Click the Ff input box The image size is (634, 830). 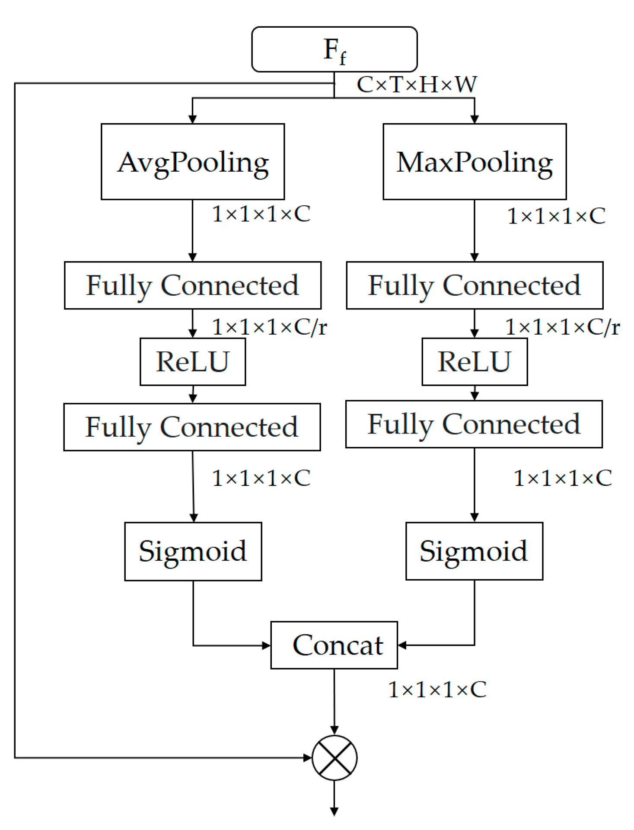click(x=334, y=49)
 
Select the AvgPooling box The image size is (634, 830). click(x=193, y=162)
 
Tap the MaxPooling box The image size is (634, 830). click(x=474, y=162)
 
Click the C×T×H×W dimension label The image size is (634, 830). click(x=416, y=84)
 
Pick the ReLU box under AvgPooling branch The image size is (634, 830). click(x=193, y=361)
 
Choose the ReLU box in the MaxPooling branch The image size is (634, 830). click(x=474, y=361)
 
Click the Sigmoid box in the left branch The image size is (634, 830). click(x=193, y=551)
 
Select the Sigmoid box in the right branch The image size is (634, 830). click(x=474, y=551)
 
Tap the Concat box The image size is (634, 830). click(x=334, y=645)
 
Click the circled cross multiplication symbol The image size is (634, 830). click(x=334, y=757)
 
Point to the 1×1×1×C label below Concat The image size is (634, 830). click(x=437, y=690)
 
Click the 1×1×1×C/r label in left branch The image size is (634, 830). click(x=269, y=327)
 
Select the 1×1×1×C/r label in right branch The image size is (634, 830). click(x=562, y=327)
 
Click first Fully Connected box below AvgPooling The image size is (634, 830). click(x=193, y=285)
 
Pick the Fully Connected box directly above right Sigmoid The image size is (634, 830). click(x=474, y=424)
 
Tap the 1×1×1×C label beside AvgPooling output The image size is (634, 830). click(x=261, y=214)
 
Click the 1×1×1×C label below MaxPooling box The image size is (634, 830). click(x=556, y=216)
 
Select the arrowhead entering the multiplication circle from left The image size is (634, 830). click(x=307, y=757)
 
